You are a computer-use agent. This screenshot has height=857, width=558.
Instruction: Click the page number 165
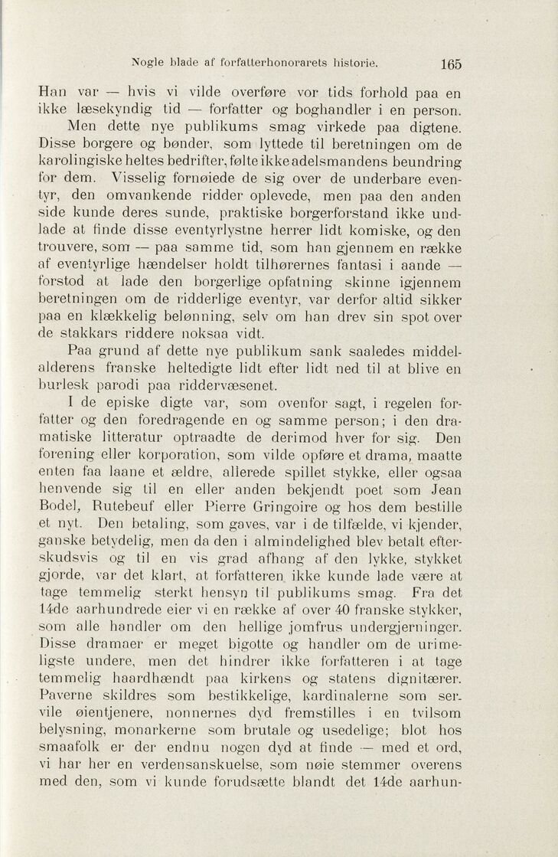[x=451, y=64]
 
